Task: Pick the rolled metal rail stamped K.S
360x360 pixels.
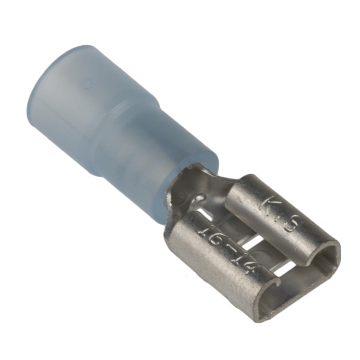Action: tap(279, 220)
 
